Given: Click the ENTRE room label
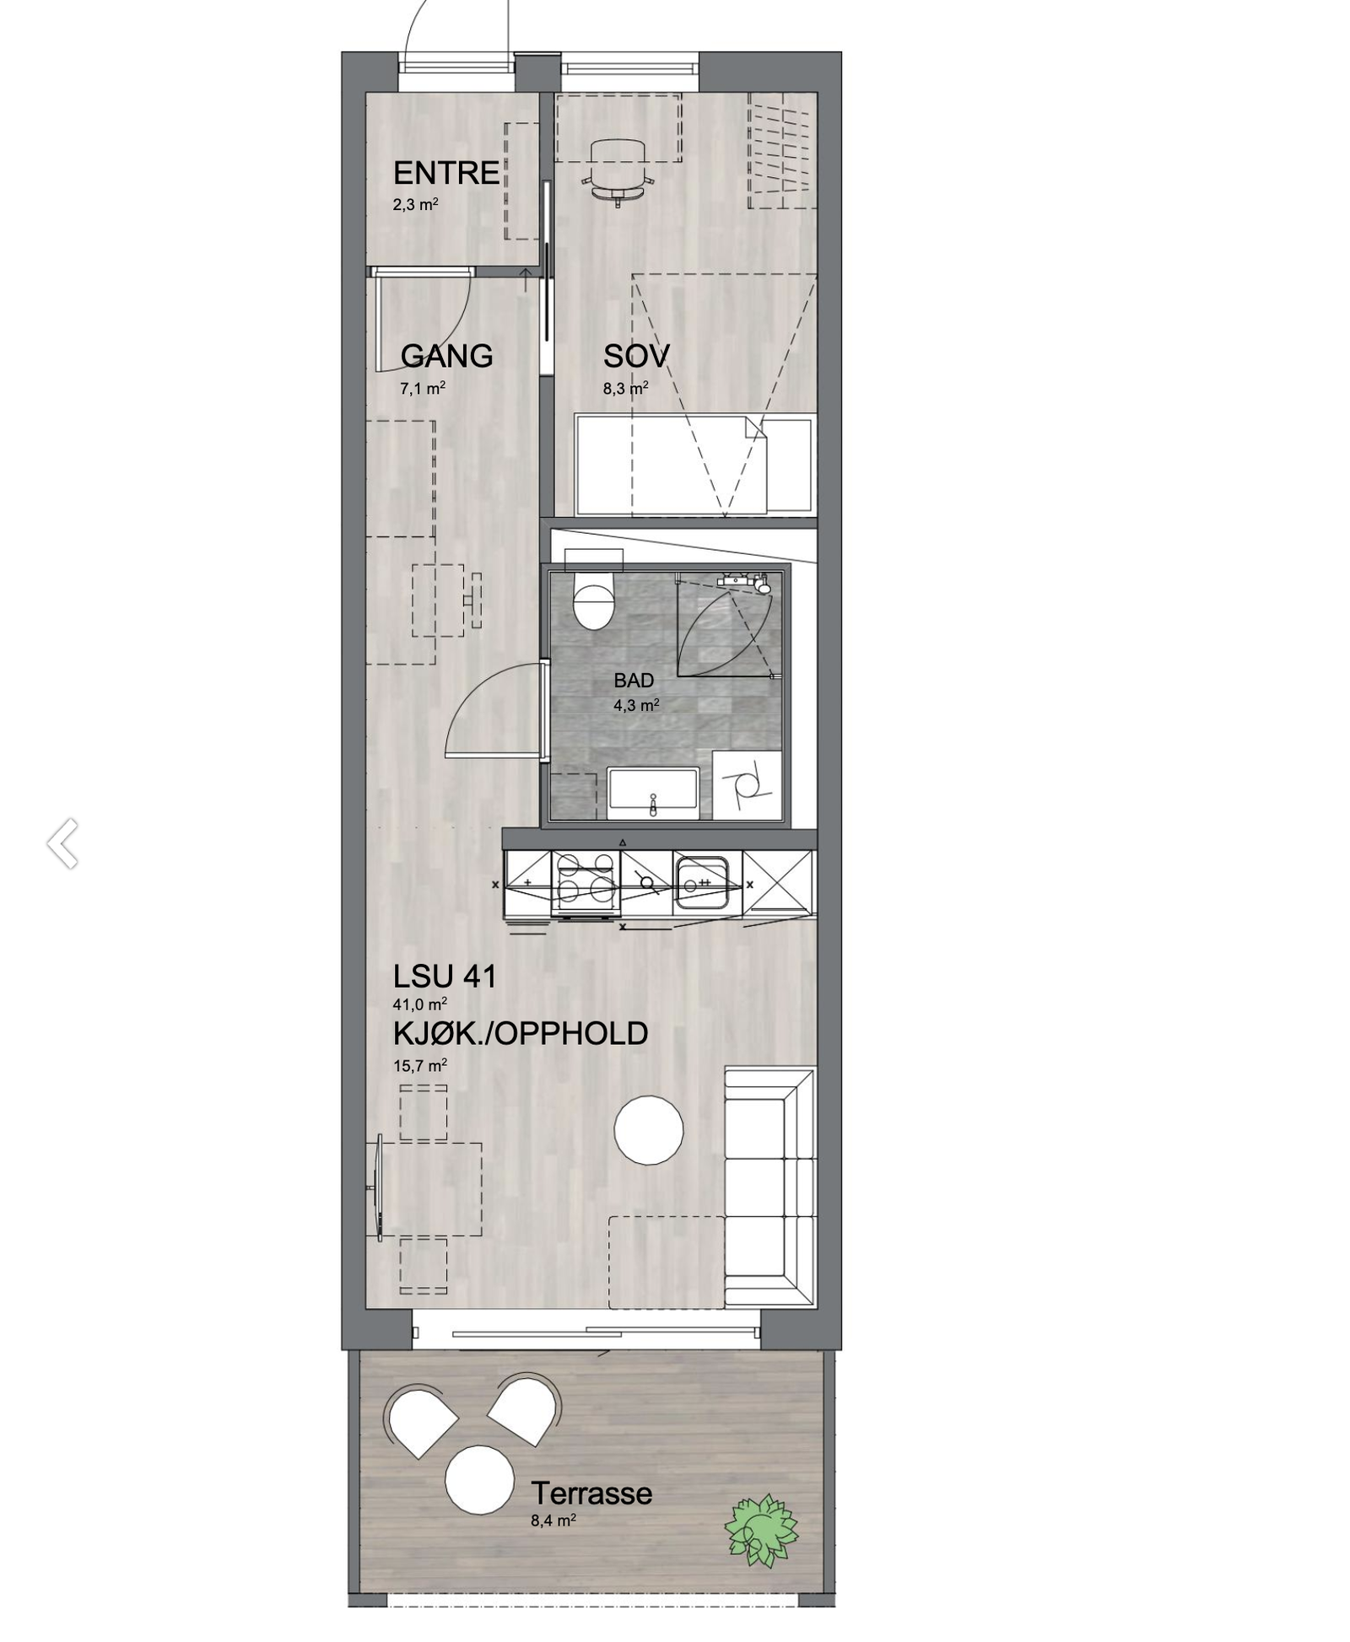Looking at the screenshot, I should tap(445, 173).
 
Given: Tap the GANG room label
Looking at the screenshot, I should tap(446, 356).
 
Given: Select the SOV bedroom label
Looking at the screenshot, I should tap(636, 357).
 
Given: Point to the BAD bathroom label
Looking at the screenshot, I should tap(634, 681).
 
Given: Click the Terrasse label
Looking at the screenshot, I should tap(591, 1494).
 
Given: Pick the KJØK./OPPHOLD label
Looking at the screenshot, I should tap(521, 1034).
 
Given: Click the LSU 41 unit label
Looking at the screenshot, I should tap(445, 977).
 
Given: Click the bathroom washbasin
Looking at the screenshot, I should tap(652, 794).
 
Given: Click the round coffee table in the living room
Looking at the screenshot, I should tap(648, 1130).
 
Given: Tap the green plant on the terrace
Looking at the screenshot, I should tap(761, 1531).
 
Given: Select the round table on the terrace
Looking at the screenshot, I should tap(479, 1480).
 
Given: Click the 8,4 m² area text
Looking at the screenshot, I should tap(553, 1521).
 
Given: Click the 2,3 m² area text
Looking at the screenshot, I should tap(415, 204).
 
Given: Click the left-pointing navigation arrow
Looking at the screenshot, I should tap(63, 842).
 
